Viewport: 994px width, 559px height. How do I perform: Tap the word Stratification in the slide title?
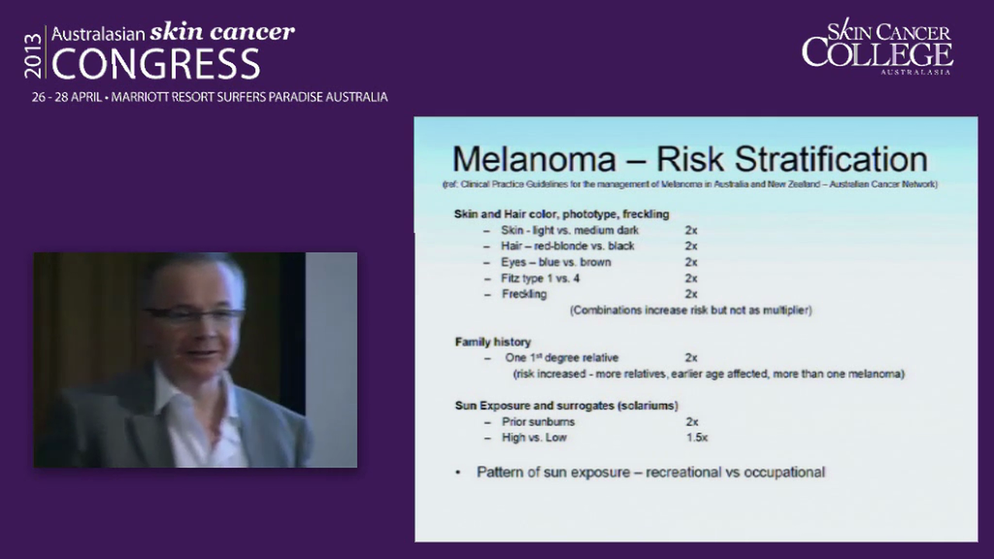(832, 160)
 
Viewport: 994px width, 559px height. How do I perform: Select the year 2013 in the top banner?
(33, 54)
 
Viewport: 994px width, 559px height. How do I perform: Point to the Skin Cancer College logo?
(878, 47)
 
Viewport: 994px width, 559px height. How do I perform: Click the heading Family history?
(492, 342)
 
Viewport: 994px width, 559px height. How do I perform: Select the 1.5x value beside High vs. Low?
(697, 438)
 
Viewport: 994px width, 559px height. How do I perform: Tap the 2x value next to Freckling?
(691, 294)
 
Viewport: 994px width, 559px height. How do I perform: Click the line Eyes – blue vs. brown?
(555, 262)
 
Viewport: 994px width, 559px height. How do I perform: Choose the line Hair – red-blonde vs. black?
(567, 246)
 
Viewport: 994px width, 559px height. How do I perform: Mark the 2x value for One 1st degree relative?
(691, 358)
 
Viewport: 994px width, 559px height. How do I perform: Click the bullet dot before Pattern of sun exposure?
(458, 472)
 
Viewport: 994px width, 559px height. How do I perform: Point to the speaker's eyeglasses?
(193, 315)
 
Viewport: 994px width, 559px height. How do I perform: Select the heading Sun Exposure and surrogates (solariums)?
(566, 405)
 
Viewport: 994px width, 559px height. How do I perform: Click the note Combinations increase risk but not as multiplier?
(690, 311)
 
